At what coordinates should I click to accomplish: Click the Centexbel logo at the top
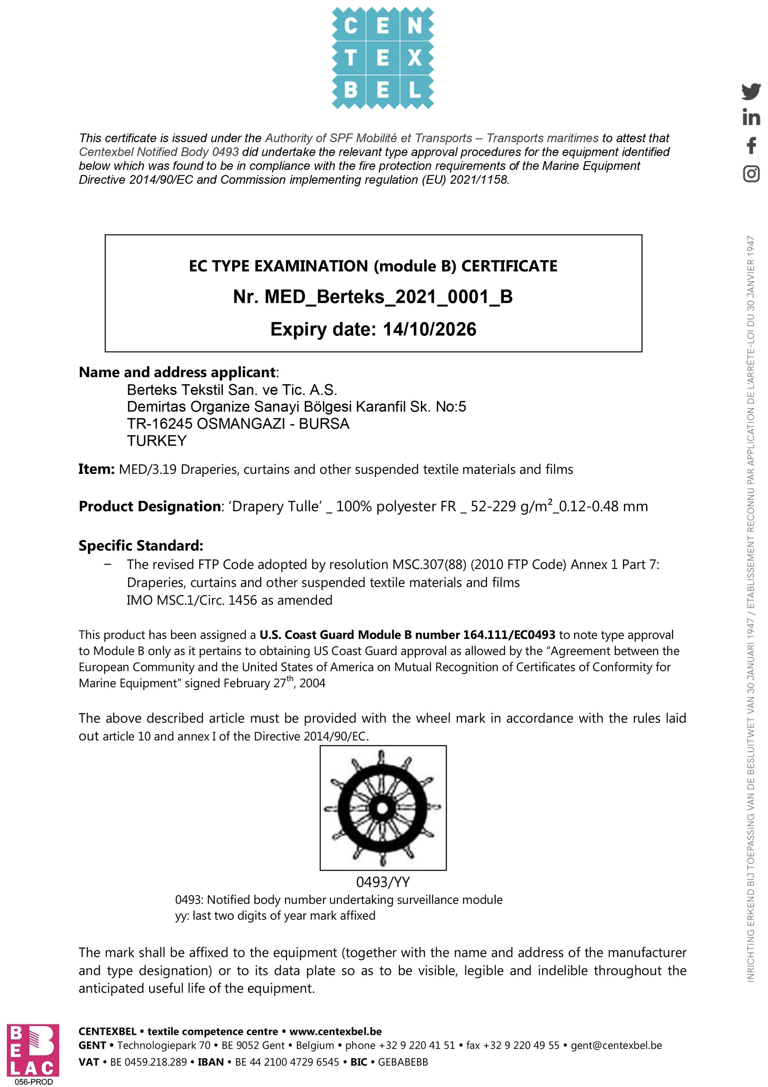382,58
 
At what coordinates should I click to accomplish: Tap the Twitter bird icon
751,91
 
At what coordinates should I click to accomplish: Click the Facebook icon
751,145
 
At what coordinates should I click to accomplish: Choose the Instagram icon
751,174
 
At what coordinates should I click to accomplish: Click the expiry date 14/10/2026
429,329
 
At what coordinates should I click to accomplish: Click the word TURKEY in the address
157,441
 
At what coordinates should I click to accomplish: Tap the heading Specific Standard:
141,545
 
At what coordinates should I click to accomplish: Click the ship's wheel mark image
383,808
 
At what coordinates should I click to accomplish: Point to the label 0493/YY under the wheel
383,881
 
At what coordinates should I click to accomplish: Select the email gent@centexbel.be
616,1045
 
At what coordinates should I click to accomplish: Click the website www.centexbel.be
336,1031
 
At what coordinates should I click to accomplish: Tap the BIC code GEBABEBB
403,1062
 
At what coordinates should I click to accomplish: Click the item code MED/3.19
148,469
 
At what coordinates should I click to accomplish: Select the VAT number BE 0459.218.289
148,1062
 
